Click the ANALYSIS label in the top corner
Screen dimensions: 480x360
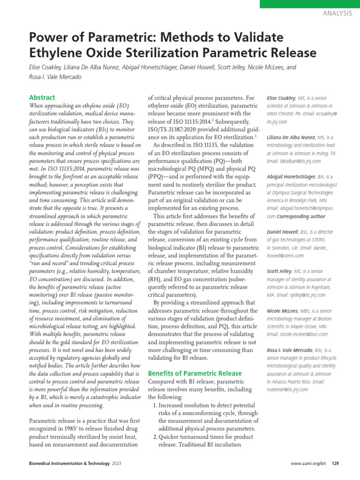[x=337, y=13]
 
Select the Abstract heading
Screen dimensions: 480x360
[x=42, y=97]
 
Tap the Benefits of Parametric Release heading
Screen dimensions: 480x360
[x=195, y=373]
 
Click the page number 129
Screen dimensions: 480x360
[x=335, y=464]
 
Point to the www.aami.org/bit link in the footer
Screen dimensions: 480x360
[x=308, y=464]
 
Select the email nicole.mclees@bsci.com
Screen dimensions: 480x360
[x=297, y=334]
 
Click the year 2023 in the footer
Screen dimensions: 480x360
[x=117, y=464]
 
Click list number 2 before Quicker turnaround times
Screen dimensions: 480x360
[x=156, y=437]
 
